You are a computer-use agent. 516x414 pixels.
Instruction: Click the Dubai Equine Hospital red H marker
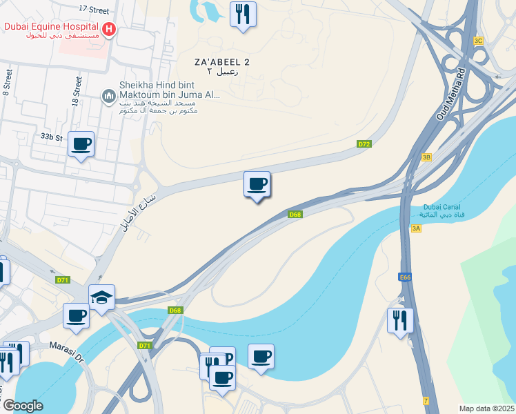pos(109,30)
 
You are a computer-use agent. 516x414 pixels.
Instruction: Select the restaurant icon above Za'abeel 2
pos(243,14)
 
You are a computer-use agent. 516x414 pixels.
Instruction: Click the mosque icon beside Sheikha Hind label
pos(108,96)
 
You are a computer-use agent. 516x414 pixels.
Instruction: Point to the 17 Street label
pos(94,10)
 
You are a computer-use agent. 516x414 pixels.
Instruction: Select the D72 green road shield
pos(365,144)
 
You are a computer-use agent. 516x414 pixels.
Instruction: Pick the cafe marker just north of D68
pos(257,185)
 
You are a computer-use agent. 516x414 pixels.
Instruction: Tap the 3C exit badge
pos(478,41)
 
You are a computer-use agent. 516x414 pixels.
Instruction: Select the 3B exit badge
pos(426,157)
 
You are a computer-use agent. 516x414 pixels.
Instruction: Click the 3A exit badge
pos(415,228)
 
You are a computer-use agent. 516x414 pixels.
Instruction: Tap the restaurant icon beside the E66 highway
pos(400,320)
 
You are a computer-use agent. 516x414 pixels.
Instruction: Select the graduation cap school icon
pos(101,297)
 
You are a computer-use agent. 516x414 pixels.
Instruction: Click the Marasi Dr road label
pos(66,351)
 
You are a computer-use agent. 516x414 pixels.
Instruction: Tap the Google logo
pos(23,406)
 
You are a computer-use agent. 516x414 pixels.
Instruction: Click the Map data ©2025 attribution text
pos(486,408)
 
